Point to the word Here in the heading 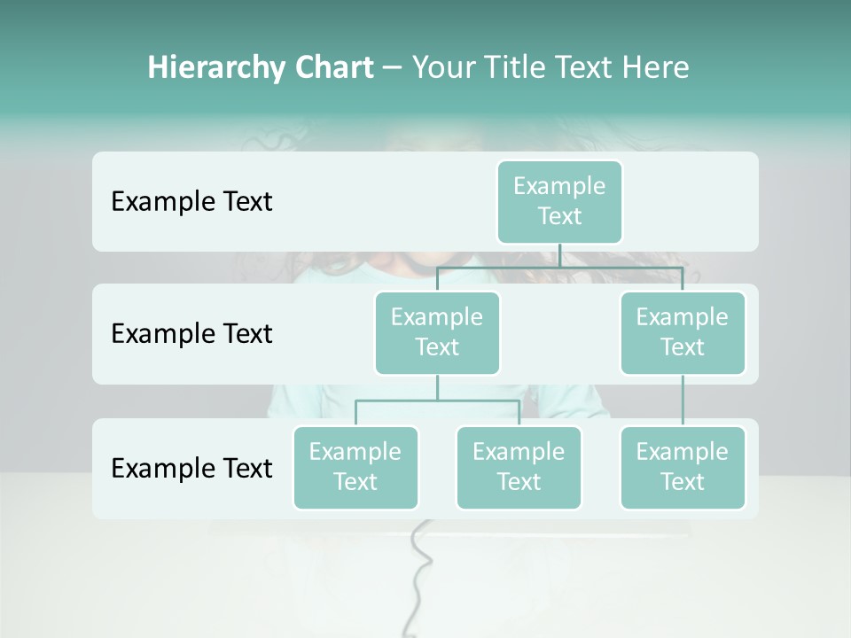click(x=655, y=67)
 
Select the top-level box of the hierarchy click(x=559, y=201)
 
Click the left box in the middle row click(x=437, y=332)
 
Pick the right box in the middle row click(x=683, y=332)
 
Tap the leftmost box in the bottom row click(x=355, y=467)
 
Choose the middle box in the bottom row click(x=519, y=467)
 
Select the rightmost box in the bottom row click(x=683, y=467)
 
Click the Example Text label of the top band click(x=191, y=202)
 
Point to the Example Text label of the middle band click(x=191, y=334)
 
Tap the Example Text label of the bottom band click(x=191, y=468)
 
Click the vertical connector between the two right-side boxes click(x=683, y=401)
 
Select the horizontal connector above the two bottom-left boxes click(x=437, y=401)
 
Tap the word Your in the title click(x=441, y=67)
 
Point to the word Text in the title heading click(x=585, y=67)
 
